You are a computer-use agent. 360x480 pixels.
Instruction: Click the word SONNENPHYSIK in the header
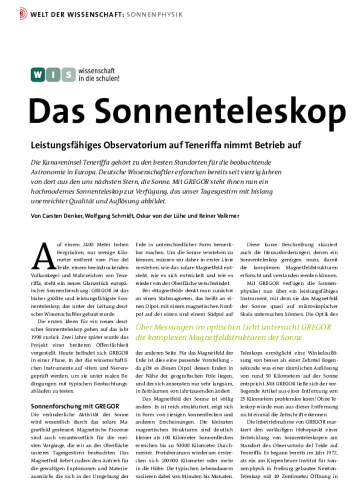154,13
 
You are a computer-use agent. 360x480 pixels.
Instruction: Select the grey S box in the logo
67,75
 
